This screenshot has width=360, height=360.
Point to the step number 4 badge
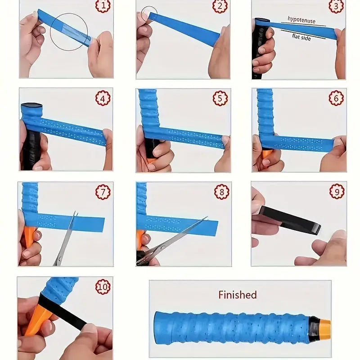[x=103, y=98]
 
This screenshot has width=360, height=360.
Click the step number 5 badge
[x=220, y=98]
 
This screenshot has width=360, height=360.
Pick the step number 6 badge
[x=336, y=98]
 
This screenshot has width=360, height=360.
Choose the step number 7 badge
[x=103, y=192]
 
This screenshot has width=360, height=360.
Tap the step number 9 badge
[x=337, y=192]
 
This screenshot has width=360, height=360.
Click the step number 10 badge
[x=103, y=287]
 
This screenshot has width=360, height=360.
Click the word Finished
[x=237, y=295]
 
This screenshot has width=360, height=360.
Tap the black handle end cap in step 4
[x=31, y=108]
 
